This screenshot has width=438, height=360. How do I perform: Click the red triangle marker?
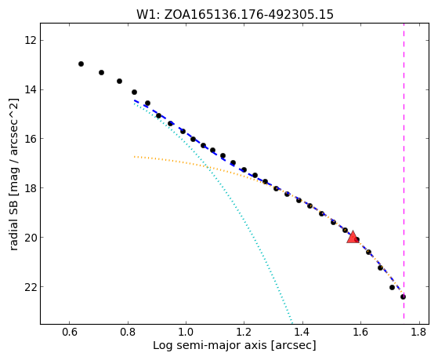353,237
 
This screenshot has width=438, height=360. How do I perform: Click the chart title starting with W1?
235,14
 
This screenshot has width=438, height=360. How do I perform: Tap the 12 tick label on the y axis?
31,40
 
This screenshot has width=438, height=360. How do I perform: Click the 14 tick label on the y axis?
31,89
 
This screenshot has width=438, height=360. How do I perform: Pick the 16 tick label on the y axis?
31,139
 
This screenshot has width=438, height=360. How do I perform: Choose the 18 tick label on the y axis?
31,187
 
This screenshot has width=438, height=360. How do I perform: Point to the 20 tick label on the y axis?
31,237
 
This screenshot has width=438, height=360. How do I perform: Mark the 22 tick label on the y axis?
31,287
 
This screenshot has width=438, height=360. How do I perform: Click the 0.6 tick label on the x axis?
69,333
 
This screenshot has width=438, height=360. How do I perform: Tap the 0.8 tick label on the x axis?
128,333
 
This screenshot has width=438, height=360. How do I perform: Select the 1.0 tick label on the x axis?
186,333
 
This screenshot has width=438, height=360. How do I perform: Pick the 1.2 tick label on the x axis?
244,333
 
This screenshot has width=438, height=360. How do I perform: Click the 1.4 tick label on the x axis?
302,333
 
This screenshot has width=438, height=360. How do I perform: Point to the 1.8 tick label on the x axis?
418,333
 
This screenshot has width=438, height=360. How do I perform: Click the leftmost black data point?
81,64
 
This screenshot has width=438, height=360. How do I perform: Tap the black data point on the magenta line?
403,296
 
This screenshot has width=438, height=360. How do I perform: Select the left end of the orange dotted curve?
134,157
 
